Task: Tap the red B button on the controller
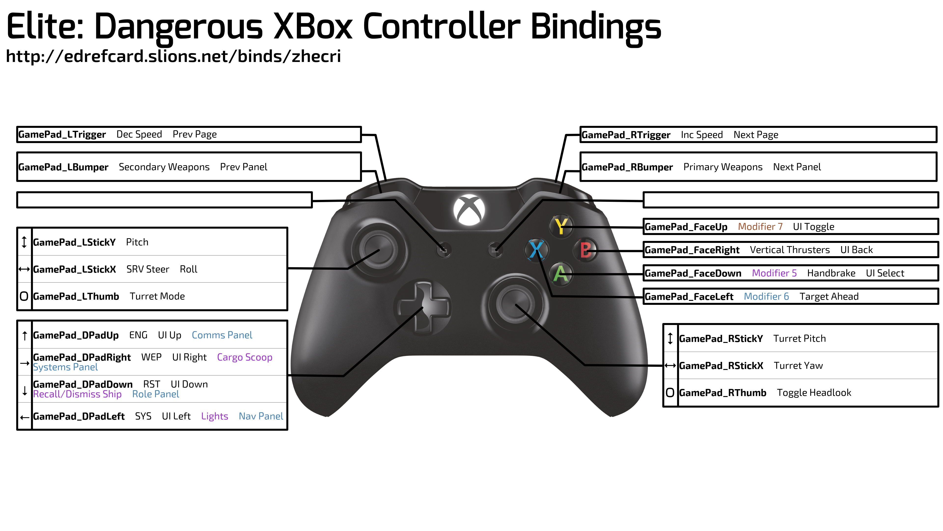point(585,250)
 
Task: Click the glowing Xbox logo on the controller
point(469,210)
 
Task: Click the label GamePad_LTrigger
point(62,134)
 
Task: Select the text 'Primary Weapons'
point(723,167)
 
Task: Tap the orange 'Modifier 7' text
point(760,227)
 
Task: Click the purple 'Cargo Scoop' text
point(245,357)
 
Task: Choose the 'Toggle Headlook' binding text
point(814,393)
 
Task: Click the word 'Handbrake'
point(831,273)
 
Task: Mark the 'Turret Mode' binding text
point(157,296)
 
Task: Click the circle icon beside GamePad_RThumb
point(670,393)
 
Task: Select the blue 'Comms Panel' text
point(222,335)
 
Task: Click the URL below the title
point(174,57)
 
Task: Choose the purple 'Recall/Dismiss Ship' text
point(77,394)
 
